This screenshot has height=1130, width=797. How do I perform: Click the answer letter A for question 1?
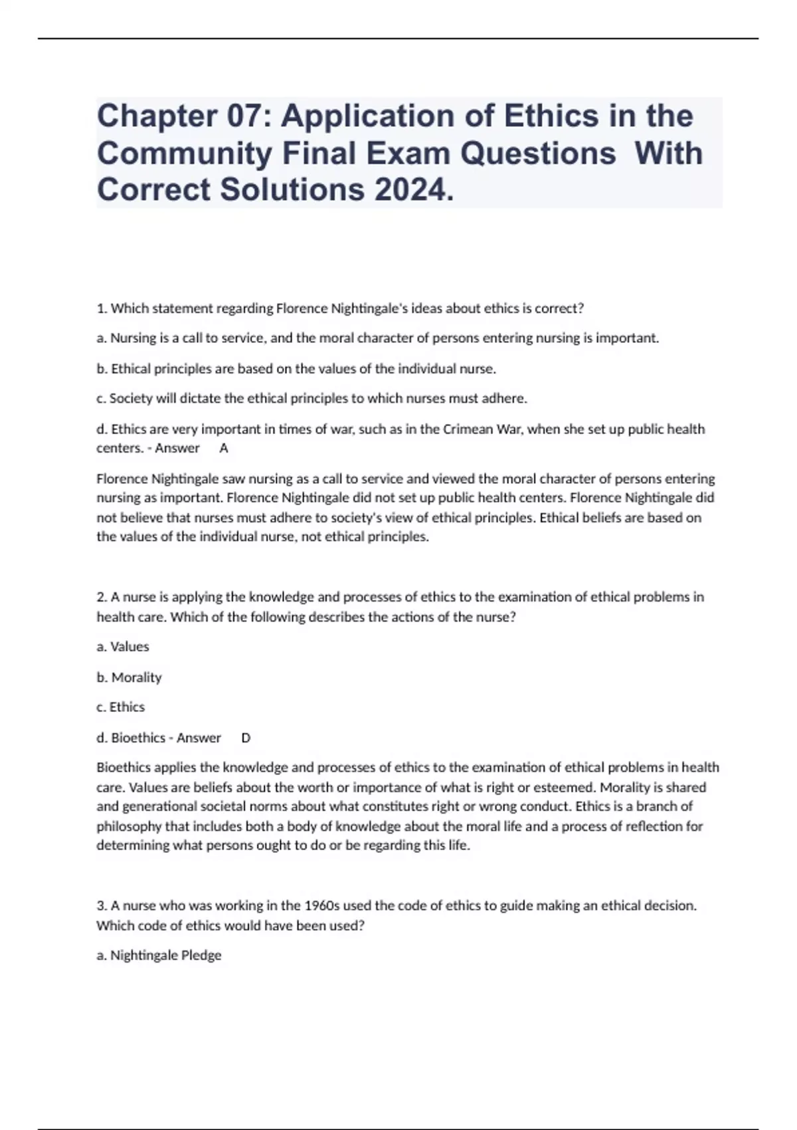(x=224, y=449)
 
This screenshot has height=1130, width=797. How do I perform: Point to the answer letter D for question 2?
(x=246, y=738)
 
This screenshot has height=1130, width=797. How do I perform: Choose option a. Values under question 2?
(x=123, y=647)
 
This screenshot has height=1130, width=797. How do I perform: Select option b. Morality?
(x=129, y=677)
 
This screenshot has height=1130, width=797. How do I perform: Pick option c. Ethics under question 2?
(x=120, y=707)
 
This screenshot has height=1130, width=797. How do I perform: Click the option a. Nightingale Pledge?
(x=159, y=955)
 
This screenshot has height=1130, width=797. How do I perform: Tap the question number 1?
(x=101, y=308)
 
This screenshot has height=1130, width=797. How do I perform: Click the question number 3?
(x=101, y=905)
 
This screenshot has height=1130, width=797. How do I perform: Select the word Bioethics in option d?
(x=138, y=738)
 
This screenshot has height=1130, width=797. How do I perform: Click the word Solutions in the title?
(x=292, y=190)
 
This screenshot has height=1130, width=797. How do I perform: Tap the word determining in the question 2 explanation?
(x=133, y=846)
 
